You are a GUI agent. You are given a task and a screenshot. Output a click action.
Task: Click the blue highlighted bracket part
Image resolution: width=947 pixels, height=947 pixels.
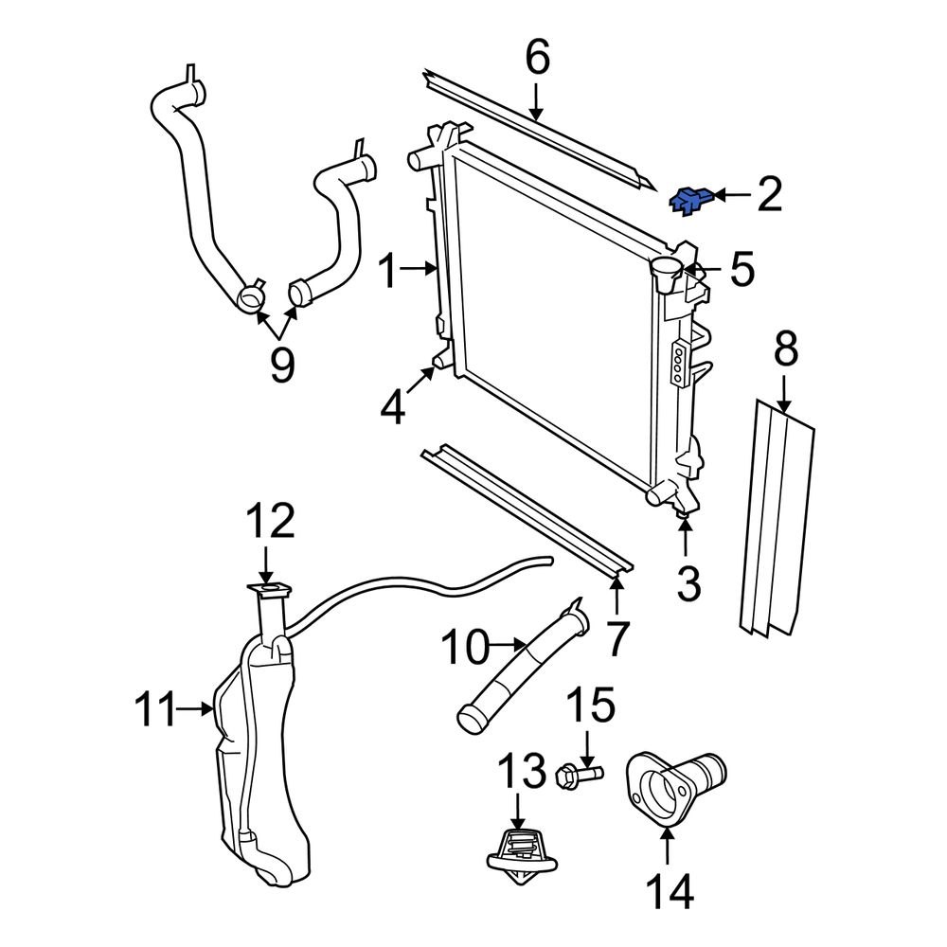[689, 200]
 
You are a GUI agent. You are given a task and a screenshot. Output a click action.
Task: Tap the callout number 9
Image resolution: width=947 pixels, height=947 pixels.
[281, 364]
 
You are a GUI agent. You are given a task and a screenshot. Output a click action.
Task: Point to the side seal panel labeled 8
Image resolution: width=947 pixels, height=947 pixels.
[774, 516]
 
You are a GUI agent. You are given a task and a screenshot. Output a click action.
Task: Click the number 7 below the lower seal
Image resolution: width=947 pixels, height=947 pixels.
[617, 639]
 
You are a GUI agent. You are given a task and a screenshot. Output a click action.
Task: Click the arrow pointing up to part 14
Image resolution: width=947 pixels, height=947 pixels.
[669, 848]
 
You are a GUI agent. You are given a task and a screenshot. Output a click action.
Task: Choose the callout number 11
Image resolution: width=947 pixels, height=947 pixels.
[156, 707]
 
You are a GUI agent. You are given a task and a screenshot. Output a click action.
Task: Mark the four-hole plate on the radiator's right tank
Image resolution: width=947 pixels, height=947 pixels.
[679, 364]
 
